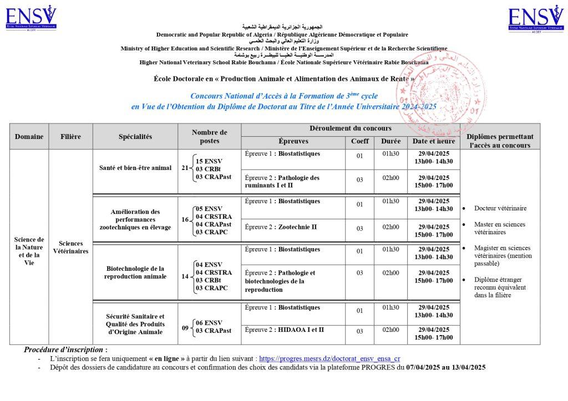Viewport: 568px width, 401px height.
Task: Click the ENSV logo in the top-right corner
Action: coord(536,19)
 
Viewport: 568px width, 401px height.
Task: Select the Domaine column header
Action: coord(29,136)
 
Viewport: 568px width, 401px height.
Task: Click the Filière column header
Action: coord(70,136)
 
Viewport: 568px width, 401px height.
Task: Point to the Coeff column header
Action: coord(359,141)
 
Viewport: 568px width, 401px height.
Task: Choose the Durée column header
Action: coord(390,141)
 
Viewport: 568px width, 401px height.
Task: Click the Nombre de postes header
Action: coord(209,136)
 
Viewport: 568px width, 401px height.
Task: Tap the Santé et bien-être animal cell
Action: coord(135,167)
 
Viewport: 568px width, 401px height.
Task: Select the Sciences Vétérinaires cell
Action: coord(70,247)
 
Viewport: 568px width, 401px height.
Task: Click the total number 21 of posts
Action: coord(185,168)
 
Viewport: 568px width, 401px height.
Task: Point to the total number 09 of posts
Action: coord(185,327)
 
